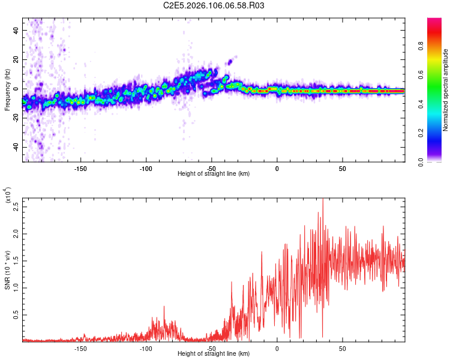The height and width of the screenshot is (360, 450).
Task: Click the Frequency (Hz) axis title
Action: (8, 90)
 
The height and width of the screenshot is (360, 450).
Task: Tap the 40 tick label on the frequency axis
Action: (16, 31)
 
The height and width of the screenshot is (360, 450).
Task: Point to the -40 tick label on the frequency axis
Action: (15, 148)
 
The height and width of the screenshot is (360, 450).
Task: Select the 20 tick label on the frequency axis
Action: (16, 60)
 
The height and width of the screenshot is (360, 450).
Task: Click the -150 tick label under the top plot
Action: (80, 168)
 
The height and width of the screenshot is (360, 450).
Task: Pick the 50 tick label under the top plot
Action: (342, 168)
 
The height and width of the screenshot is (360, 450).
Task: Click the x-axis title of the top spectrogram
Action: (214, 174)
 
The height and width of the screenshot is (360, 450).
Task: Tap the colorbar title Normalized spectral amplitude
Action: (446, 90)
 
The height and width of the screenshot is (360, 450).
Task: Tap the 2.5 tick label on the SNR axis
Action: (16, 208)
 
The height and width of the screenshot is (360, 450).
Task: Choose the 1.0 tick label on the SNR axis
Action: (16, 287)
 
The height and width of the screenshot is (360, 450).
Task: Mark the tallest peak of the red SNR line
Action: (323, 199)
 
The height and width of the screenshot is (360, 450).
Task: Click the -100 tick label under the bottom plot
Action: (146, 348)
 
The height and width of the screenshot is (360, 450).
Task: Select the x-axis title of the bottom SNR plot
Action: (214, 354)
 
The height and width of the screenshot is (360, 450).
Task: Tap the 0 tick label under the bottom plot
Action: (277, 348)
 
